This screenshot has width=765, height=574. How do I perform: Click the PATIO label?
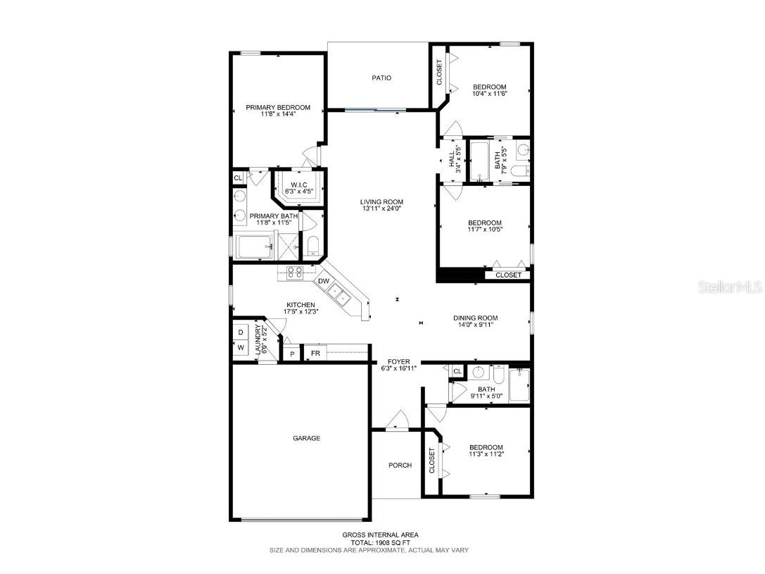coord(381,78)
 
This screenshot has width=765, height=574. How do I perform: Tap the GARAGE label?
coord(307,438)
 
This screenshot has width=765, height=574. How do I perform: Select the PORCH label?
coord(400,465)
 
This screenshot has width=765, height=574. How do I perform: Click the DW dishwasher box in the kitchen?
coord(324,282)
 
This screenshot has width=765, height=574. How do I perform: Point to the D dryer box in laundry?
coord(240,332)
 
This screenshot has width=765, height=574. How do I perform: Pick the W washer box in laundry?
coord(240,347)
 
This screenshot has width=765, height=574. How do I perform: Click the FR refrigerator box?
coord(316,353)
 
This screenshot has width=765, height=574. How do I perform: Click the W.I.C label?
coord(299,185)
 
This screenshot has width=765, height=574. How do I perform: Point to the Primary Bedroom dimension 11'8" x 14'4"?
coord(277,114)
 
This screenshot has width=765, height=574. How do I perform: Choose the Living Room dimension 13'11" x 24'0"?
coord(382,209)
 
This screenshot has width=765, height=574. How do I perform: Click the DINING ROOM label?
coord(475,318)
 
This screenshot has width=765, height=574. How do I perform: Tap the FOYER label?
coord(399,361)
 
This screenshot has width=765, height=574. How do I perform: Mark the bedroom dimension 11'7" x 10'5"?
coord(485,229)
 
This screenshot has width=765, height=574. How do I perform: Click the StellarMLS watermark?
coord(732,287)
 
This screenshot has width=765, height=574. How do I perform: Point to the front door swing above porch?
coord(398,420)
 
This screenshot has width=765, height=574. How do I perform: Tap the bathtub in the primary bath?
coord(254,247)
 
